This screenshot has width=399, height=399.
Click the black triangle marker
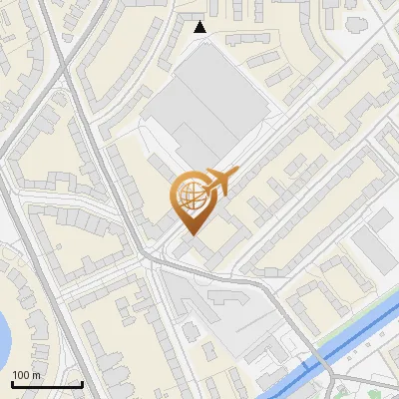[x=201, y=27]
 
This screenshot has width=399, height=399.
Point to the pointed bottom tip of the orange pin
[x=190, y=233]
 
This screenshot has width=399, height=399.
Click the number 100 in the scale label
[x=21, y=375]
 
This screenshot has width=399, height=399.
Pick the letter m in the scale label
[x=37, y=375]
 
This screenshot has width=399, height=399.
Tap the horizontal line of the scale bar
[x=46, y=384]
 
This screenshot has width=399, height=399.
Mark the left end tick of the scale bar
[x=11, y=382]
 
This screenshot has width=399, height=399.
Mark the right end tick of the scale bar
[x=81, y=382]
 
